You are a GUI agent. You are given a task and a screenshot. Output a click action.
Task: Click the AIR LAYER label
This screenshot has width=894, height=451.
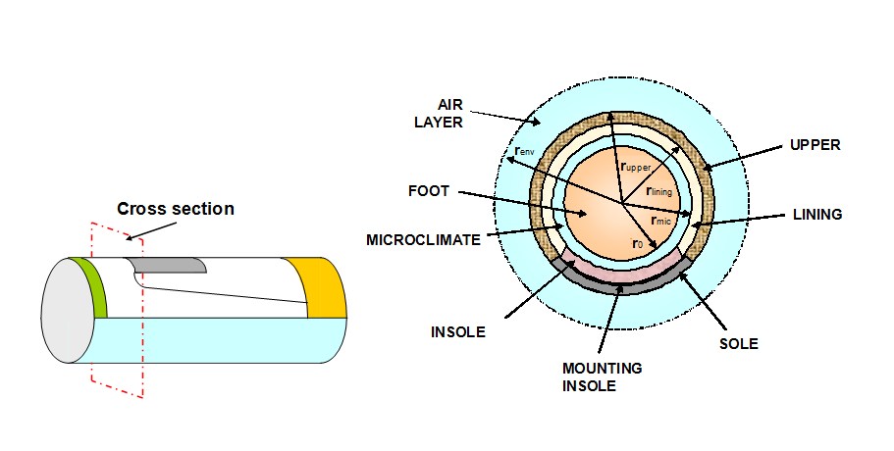[456, 112]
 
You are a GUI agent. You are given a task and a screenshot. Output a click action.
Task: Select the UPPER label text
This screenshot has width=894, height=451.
[815, 144]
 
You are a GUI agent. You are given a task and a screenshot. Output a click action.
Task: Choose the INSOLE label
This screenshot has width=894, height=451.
[458, 331]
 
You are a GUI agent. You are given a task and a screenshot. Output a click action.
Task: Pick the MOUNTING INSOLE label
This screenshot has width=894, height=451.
[602, 376]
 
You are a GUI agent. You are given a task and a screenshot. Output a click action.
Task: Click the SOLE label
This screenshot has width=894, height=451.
[738, 344]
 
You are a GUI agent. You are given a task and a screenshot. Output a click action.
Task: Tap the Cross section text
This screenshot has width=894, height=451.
[176, 208]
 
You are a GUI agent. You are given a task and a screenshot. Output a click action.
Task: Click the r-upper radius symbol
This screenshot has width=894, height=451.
[636, 167]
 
